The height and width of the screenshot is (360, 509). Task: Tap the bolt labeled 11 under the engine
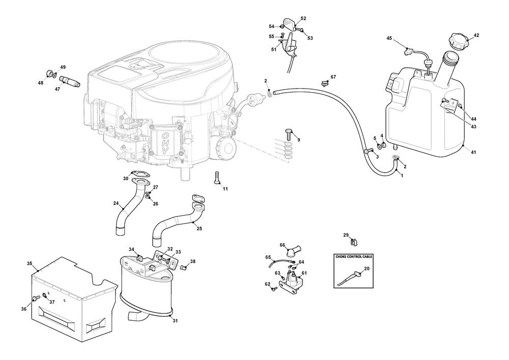coord(217,177)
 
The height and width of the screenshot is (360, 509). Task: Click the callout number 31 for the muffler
coord(175,320)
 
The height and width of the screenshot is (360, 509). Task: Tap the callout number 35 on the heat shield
coord(30,263)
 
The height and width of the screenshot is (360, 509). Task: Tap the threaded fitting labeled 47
coord(70,80)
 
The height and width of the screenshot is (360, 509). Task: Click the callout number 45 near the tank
coord(389,38)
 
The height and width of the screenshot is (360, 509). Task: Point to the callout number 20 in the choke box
coord(366,269)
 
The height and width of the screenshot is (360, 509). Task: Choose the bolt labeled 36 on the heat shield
coord(35,298)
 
